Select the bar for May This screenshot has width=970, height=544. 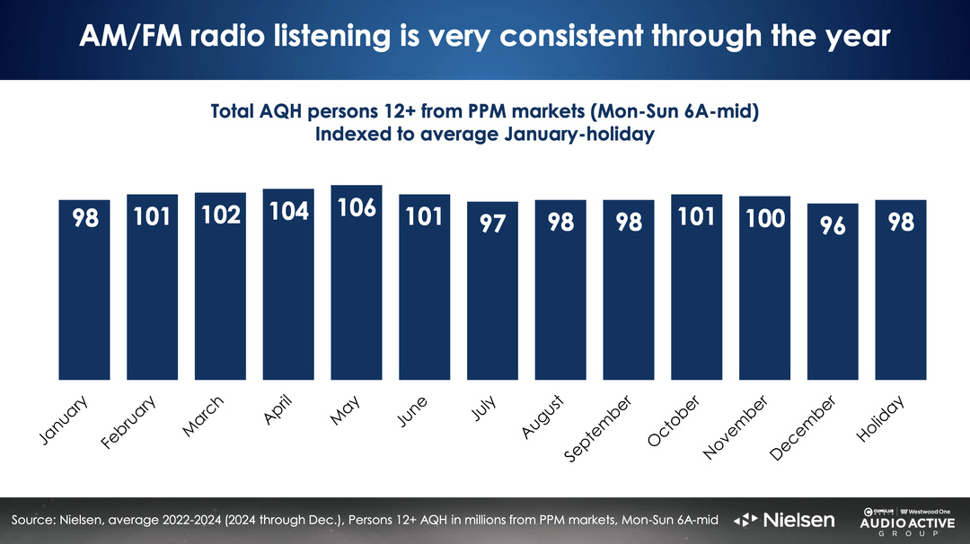[357, 282]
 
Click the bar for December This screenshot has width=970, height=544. [833, 291]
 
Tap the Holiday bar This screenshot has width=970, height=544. [901, 289]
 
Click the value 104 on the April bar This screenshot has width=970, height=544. [288, 211]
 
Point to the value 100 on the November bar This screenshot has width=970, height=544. [764, 218]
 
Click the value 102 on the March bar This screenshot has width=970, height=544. [220, 216]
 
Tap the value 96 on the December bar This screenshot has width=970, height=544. [833, 224]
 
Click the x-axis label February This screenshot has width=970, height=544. [129, 423]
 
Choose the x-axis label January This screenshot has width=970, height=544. [65, 419]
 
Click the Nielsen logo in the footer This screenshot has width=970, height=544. [785, 520]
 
